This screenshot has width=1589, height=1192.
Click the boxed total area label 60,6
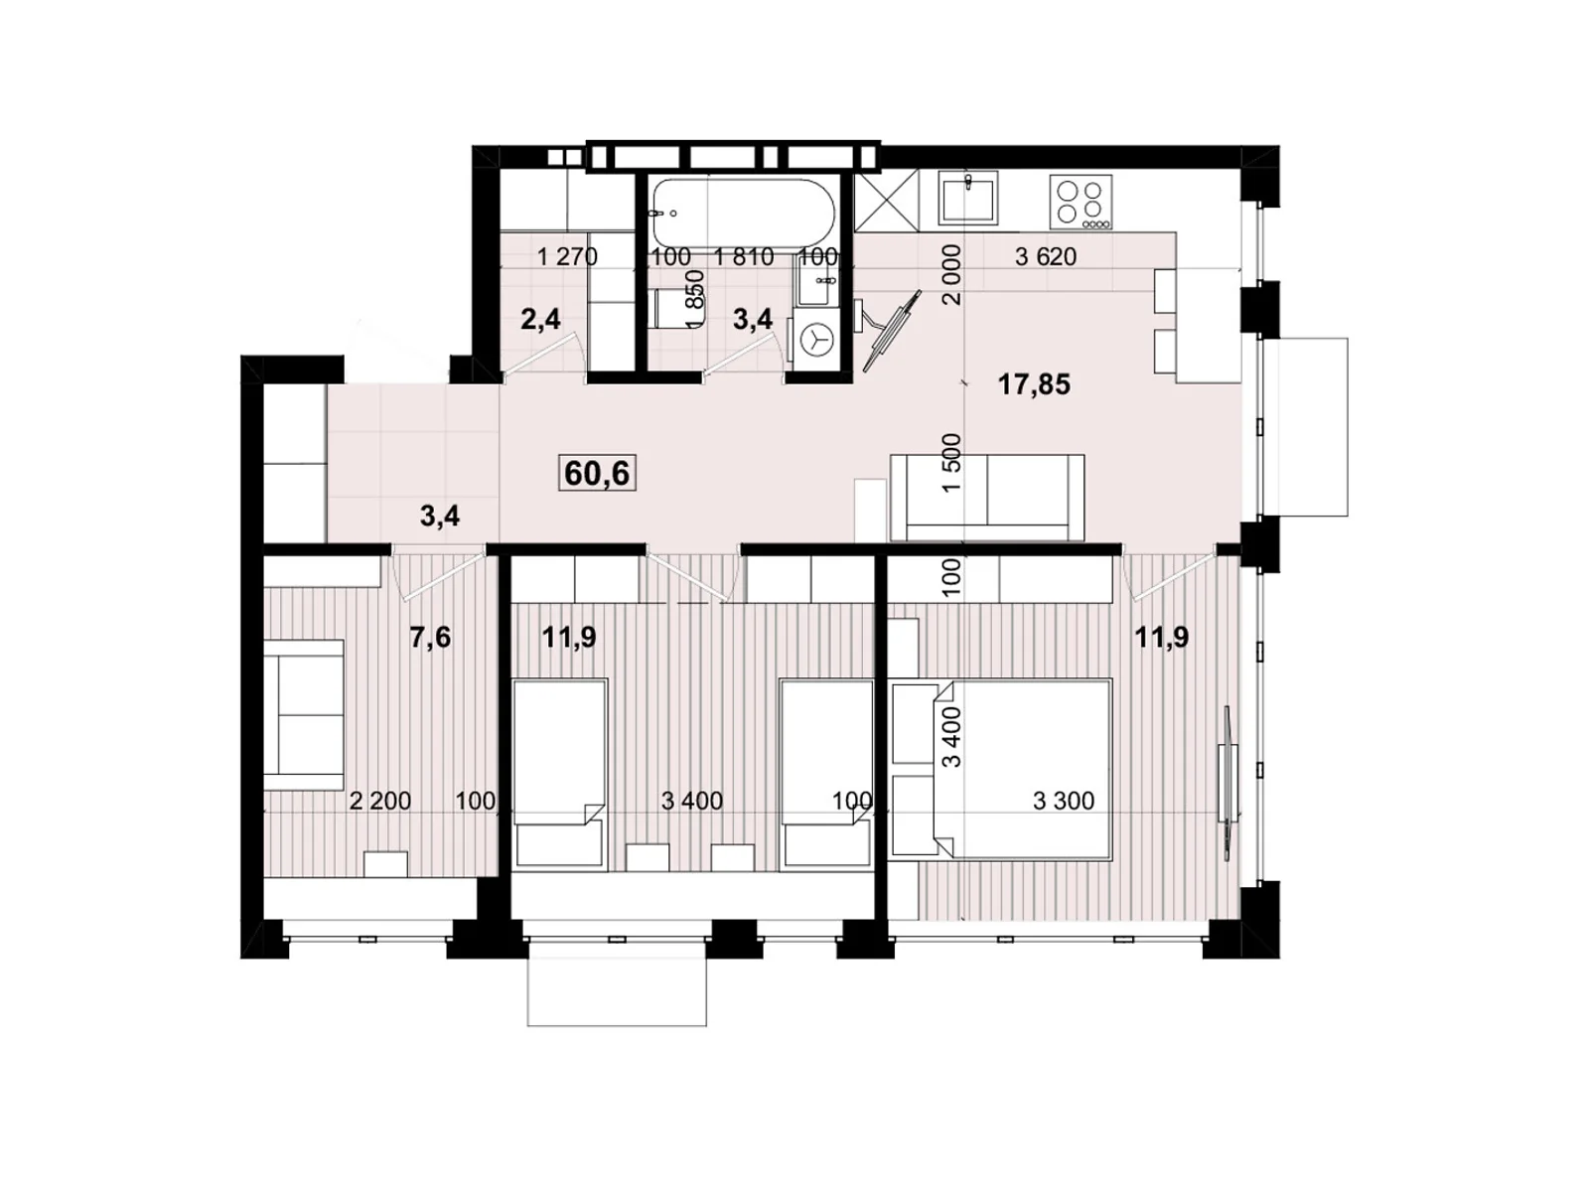click(597, 474)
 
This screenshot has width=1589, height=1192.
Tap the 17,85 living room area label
click(1034, 384)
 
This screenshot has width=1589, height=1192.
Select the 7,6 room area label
click(430, 637)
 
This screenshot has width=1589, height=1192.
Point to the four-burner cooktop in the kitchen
click(1081, 202)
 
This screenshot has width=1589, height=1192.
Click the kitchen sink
click(968, 197)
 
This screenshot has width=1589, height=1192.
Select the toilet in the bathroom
click(671, 307)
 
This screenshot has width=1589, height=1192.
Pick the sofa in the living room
click(986, 497)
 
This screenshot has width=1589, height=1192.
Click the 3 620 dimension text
click(1045, 256)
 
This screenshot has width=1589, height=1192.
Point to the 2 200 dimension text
click(379, 801)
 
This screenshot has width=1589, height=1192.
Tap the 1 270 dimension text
click(567, 256)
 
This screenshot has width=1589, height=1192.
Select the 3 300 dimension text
click(1063, 801)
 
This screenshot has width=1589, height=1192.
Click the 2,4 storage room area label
click(540, 319)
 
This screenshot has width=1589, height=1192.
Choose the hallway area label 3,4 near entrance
click(439, 516)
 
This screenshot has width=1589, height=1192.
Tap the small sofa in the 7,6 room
click(303, 708)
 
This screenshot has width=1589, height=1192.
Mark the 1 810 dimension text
click(744, 256)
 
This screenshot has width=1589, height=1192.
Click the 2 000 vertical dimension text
click(951, 274)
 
